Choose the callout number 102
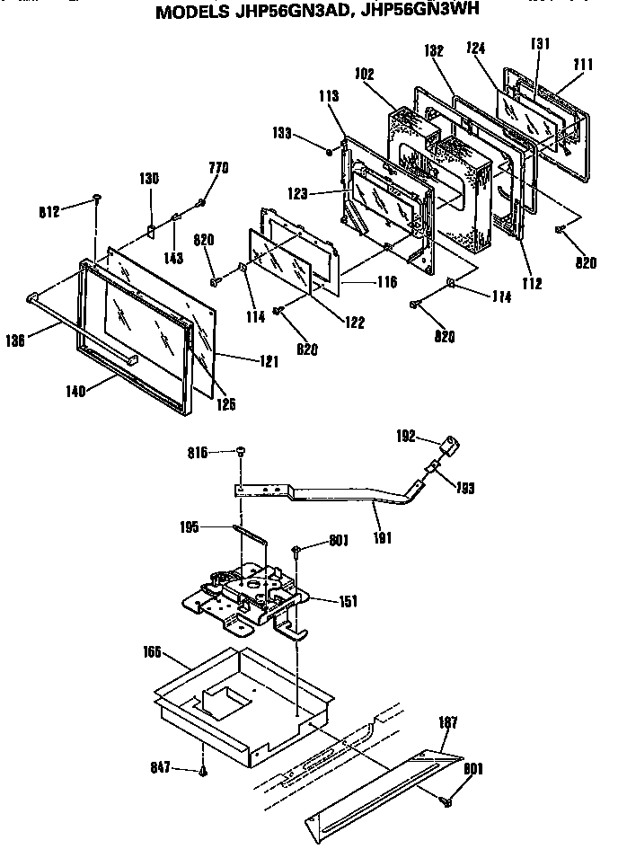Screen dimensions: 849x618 pos(365,76)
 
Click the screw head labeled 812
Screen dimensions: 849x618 pos(95,199)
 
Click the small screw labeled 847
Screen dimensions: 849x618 pos(204,770)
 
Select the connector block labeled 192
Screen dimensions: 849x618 pos(450,445)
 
